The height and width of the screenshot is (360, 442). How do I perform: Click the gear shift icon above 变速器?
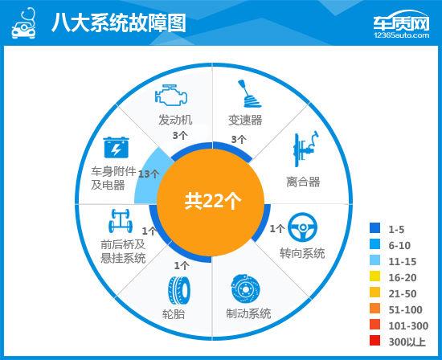[x=246, y=96]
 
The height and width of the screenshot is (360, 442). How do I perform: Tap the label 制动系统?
[x=244, y=313]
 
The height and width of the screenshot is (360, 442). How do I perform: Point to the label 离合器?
[x=303, y=182]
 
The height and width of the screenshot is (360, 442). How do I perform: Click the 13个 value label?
[x=149, y=174]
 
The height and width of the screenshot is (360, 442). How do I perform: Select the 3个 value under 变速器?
[x=239, y=138]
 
